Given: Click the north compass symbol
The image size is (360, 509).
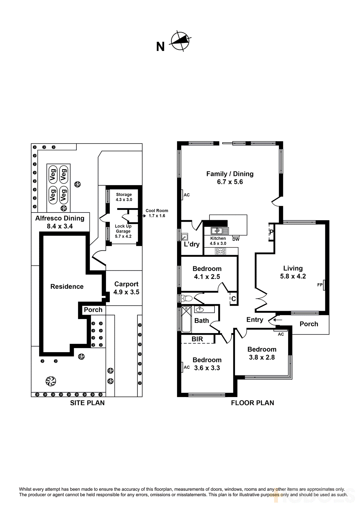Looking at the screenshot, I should click(180, 41).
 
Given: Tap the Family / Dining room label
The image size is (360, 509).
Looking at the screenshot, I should click(230, 178).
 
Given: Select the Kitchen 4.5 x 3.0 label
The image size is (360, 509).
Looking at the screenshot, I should click(218, 241).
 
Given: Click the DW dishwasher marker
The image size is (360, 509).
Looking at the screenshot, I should click(236, 239).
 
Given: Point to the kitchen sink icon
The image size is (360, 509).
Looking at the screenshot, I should click(220, 231).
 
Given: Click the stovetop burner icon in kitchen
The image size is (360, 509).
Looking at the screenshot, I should click(221, 251).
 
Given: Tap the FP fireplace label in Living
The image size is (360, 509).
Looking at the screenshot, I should click(320, 285).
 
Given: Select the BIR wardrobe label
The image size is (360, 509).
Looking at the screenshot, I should click(197, 339).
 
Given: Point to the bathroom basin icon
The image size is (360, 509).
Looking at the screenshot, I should click(200, 309).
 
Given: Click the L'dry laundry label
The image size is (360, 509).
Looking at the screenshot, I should click(192, 244).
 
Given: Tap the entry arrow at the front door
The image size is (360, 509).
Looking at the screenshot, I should click(278, 320).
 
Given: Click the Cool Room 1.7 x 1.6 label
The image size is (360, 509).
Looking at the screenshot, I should click(157, 213).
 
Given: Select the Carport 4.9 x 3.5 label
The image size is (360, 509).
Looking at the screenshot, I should click(126, 288).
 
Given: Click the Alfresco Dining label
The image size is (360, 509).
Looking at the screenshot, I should click(60, 222).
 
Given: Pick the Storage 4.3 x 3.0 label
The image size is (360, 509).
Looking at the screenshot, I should click(124, 197).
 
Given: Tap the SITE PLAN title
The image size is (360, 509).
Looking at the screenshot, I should click(87, 403).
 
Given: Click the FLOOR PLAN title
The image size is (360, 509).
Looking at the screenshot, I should click(252, 403).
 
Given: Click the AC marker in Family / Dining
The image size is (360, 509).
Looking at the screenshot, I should click(187, 195).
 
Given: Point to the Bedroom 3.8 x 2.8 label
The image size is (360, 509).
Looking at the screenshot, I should click(262, 353).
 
